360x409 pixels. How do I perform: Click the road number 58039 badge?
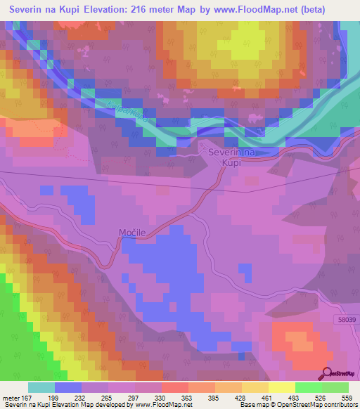(x=345, y=318)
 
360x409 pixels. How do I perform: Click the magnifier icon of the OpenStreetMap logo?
(x=326, y=373)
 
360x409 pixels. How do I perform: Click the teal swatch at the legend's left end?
(x=41, y=387)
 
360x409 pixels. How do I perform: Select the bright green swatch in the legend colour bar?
(x=308, y=387)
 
